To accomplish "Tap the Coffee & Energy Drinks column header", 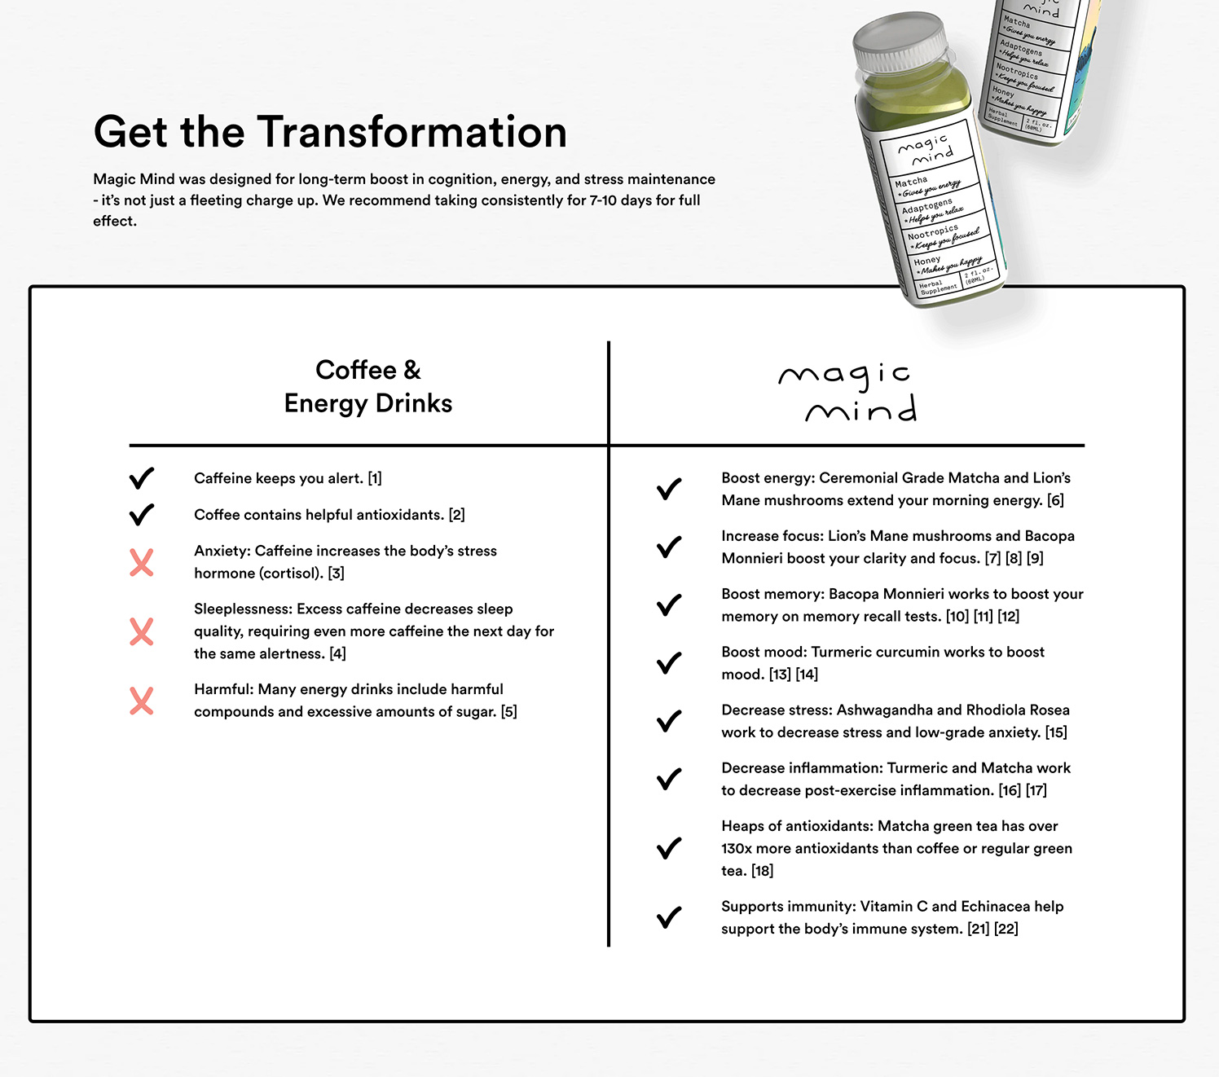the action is pos(368,386).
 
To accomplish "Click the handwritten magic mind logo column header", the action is pos(847,392).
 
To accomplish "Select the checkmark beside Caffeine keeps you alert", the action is pos(142,478).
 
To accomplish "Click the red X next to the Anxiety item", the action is pos(142,562).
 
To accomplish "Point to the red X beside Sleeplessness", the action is pos(142,631).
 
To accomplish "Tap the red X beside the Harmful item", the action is pos(142,701).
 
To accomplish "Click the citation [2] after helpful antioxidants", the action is pos(456,515).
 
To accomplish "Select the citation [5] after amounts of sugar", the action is pos(509,712).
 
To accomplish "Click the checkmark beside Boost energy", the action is pos(669,489).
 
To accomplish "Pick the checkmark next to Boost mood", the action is pos(669,663).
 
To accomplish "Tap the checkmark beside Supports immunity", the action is pos(669,917).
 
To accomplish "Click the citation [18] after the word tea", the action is pos(763,871).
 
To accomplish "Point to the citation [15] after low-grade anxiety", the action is pos(1056,732).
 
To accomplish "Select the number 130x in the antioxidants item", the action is pos(737,848).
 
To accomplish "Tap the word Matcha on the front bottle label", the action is pos(911,182).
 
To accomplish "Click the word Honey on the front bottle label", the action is pos(926,262).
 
